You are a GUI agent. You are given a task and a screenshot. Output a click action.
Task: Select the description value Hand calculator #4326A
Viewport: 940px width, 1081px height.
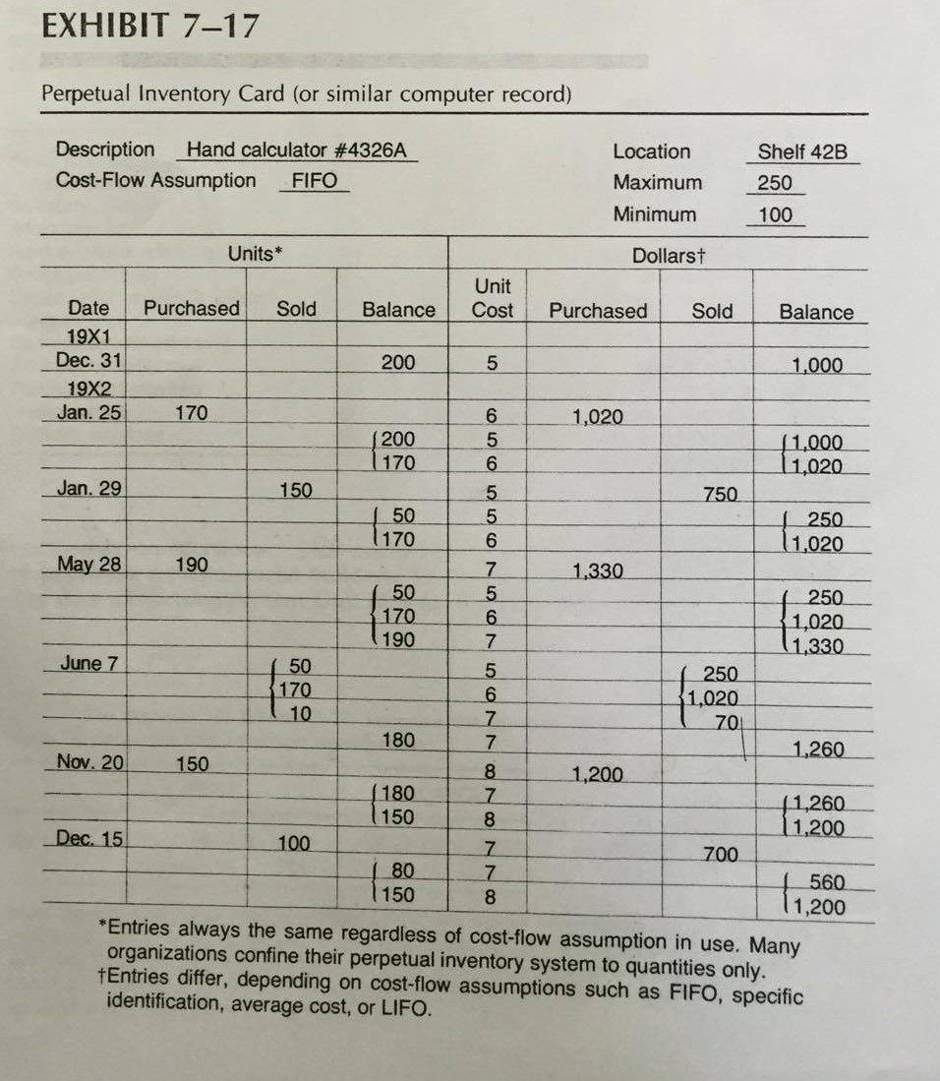click(296, 150)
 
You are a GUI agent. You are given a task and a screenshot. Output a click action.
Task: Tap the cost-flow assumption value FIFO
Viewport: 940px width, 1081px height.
click(315, 181)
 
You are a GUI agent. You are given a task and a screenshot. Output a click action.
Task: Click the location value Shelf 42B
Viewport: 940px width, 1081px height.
click(801, 152)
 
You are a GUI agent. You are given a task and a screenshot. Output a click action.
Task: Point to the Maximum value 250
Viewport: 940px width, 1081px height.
click(775, 183)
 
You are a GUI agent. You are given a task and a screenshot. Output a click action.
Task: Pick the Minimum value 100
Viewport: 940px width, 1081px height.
click(775, 214)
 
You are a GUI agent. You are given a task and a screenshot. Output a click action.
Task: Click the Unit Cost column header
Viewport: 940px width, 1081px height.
click(493, 298)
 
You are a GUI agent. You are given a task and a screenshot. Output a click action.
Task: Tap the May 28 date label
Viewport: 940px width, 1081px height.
click(88, 566)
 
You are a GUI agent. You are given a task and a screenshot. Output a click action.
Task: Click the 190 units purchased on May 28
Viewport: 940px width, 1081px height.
click(191, 566)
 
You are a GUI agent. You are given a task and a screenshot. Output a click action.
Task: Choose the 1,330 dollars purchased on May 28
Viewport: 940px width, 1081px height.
click(597, 571)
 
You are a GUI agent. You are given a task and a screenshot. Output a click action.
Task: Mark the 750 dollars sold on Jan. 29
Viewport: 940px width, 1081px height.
click(721, 494)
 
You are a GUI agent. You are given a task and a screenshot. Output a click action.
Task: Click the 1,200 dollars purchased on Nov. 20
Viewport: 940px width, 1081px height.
click(597, 773)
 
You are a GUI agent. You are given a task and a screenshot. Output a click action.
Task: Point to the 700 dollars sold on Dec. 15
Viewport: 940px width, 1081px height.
click(721, 854)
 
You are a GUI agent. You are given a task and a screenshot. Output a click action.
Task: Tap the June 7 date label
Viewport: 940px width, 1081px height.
click(88, 663)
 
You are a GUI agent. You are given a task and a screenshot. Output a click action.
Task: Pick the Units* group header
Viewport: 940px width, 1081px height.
click(255, 254)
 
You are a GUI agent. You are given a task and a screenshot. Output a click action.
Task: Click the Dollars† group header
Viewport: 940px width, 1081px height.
click(670, 256)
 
